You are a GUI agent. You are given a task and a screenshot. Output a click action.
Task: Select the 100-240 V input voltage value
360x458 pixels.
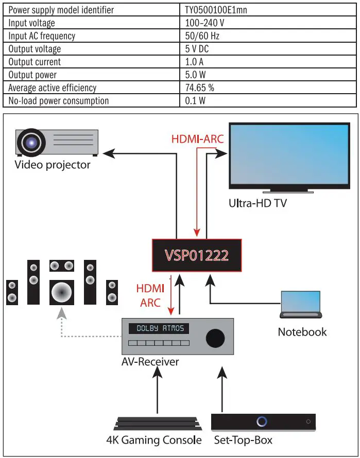pyautogui.click(x=204, y=23)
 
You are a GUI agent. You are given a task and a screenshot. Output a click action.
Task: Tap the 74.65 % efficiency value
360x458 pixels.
pyautogui.click(x=199, y=87)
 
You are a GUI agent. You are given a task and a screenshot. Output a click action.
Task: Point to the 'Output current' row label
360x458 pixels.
pyautogui.click(x=35, y=62)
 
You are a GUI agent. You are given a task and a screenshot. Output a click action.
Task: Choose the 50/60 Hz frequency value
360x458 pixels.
pyautogui.click(x=202, y=36)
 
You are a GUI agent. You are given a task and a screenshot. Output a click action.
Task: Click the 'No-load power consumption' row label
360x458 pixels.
pyautogui.click(x=58, y=100)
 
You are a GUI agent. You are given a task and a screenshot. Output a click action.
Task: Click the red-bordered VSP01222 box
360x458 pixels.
pyautogui.click(x=196, y=255)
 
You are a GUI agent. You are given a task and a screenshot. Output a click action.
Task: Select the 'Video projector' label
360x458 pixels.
pyautogui.click(x=52, y=165)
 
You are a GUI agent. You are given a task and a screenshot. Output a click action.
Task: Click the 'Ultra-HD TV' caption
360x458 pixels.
pyautogui.click(x=258, y=203)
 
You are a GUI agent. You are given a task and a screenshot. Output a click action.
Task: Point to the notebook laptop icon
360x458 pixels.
pyautogui.click(x=301, y=305)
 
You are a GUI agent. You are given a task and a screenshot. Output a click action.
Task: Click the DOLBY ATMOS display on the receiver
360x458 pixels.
pyautogui.click(x=159, y=328)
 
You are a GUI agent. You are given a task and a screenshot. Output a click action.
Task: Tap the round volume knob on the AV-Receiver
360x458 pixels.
pyautogui.click(x=215, y=337)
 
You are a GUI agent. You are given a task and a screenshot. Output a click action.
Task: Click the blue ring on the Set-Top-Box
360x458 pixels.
pyautogui.click(x=262, y=421)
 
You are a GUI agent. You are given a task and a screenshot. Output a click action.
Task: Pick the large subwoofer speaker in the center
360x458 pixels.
pyautogui.click(x=62, y=292)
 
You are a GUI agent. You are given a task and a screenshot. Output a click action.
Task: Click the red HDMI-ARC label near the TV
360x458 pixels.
pyautogui.click(x=194, y=139)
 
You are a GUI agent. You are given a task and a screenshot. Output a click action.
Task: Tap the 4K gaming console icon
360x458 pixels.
pyautogui.click(x=153, y=424)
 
